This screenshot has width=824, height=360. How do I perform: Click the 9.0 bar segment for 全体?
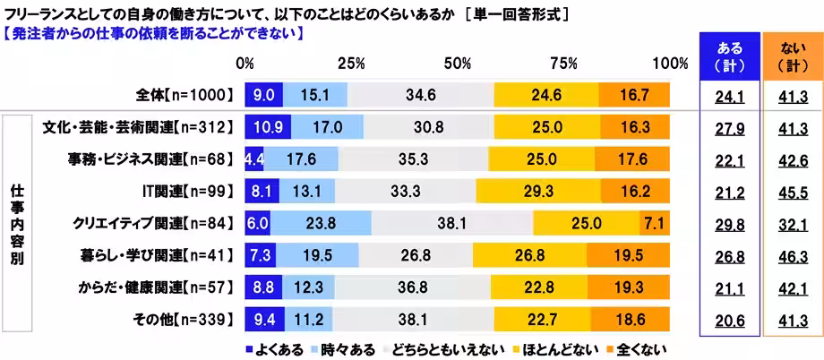[x=263, y=93]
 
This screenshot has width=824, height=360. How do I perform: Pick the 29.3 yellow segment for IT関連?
[x=538, y=191]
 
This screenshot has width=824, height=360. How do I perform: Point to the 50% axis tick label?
[x=458, y=64]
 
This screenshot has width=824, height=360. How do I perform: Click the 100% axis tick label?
[x=669, y=64]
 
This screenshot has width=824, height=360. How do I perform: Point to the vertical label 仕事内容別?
[x=17, y=224]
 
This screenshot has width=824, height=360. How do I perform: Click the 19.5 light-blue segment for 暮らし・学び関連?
[x=317, y=256]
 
